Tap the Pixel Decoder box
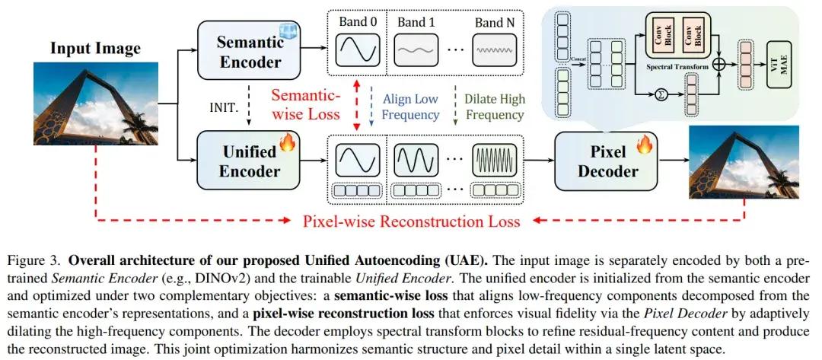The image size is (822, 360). (x=606, y=161)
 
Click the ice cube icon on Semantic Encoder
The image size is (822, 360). (x=287, y=30)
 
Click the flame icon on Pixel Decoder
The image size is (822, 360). (x=645, y=143)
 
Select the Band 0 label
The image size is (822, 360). (x=357, y=22)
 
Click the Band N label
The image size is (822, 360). (x=495, y=22)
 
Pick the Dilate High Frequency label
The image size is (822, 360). (x=495, y=107)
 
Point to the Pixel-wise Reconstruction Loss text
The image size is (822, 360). (x=412, y=221)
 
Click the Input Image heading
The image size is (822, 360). (x=95, y=49)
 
